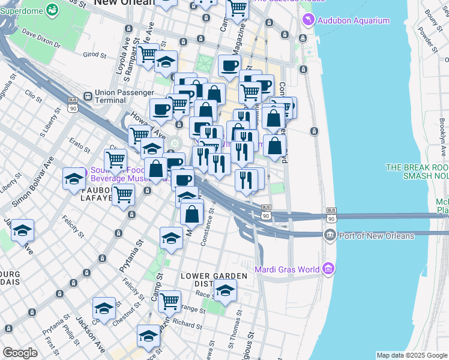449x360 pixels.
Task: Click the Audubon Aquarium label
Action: click(354, 20)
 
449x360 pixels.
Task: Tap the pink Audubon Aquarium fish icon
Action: click(309, 20)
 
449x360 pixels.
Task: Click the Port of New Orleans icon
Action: click(330, 235)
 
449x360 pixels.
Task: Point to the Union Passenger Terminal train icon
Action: click(88, 95)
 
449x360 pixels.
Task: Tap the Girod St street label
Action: click(95, 54)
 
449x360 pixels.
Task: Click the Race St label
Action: click(206, 295)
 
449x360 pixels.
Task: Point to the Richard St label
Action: click(187, 323)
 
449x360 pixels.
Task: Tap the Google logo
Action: click(20, 353)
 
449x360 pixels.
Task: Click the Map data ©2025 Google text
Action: click(411, 355)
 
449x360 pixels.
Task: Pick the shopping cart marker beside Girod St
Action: click(148, 54)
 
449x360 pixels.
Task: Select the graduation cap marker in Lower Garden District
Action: click(225, 291)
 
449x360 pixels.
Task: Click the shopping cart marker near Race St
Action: click(169, 301)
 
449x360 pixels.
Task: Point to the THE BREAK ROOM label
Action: click(417, 167)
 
